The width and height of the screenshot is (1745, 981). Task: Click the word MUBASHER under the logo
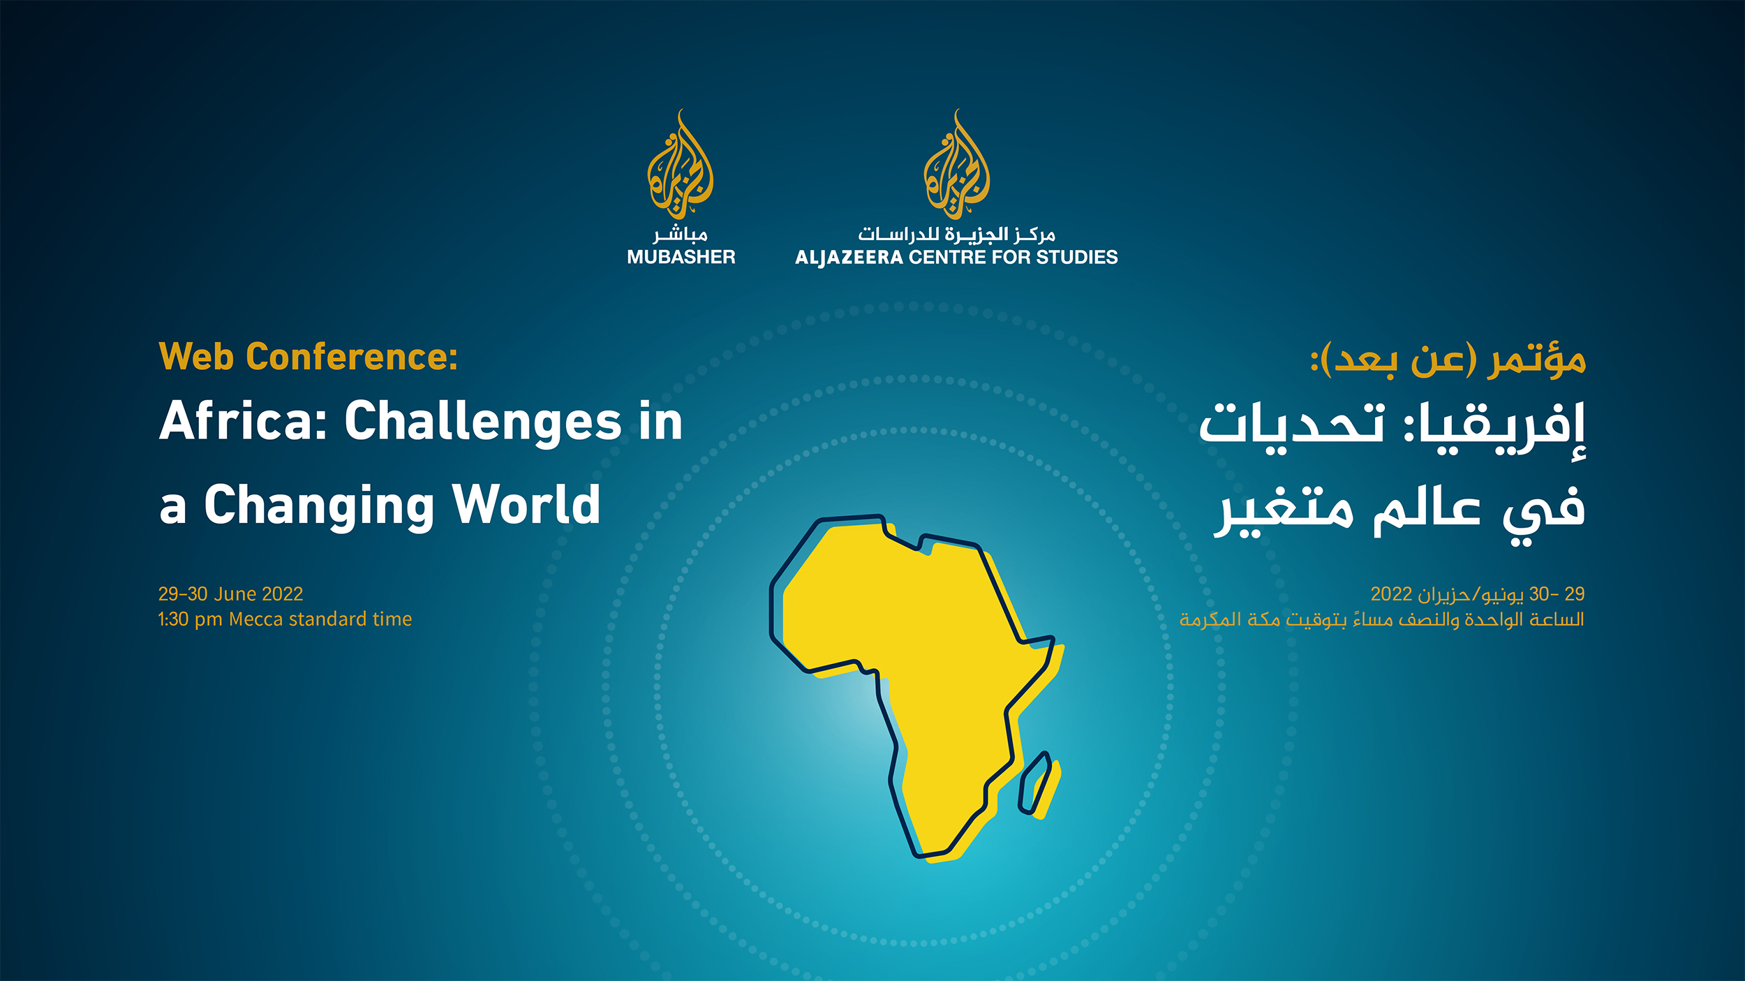[681, 257]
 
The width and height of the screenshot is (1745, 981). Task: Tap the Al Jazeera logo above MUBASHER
[680, 165]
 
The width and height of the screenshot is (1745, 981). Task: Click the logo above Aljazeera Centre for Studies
[956, 165]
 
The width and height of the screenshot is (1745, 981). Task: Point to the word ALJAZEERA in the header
[849, 258]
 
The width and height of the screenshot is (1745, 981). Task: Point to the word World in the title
[526, 503]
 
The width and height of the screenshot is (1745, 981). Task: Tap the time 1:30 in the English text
[173, 619]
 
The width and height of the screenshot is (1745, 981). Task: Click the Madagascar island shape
[1039, 783]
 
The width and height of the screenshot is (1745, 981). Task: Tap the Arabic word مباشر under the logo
[681, 234]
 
